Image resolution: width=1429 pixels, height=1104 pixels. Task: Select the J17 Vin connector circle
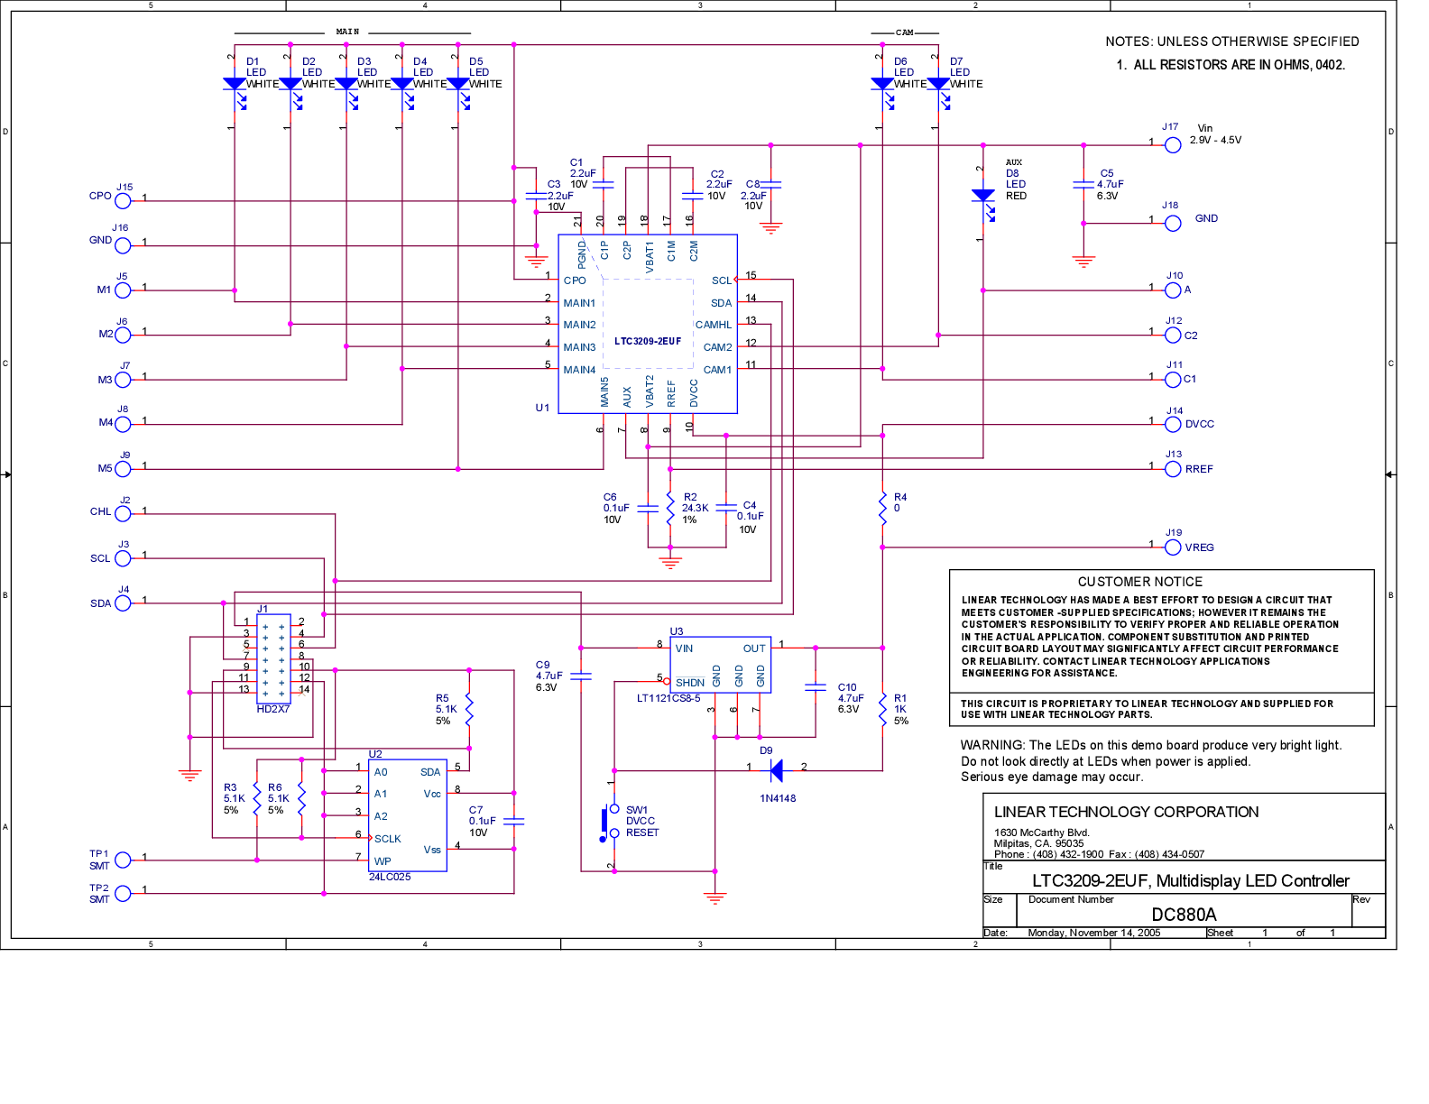click(x=1173, y=145)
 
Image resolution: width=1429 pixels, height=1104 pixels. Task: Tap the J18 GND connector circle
click(x=1173, y=224)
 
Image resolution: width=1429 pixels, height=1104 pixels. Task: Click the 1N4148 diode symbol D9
click(x=776, y=770)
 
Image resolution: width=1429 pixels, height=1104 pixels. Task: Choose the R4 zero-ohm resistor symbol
click(x=882, y=509)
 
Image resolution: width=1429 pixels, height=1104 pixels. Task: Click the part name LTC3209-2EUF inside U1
click(x=648, y=341)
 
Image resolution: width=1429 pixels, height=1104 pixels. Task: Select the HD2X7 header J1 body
click(x=273, y=658)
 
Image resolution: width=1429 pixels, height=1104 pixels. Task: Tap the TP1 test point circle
click(x=123, y=860)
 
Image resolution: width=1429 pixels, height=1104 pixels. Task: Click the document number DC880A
click(x=1184, y=915)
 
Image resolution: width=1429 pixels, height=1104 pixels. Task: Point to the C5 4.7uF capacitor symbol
click(x=1083, y=185)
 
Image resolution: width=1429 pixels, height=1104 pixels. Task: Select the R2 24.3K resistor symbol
click(x=670, y=509)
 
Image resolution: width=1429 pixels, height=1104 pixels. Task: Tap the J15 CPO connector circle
click(x=123, y=200)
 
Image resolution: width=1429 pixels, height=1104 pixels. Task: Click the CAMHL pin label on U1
click(x=714, y=325)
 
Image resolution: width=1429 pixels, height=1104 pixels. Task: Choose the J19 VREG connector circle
click(x=1173, y=547)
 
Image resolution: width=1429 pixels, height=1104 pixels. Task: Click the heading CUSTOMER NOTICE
click(x=1139, y=581)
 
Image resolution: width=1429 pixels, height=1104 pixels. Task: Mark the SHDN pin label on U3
click(x=690, y=683)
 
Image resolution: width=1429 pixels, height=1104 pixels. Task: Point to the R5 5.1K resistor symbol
click(x=469, y=709)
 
